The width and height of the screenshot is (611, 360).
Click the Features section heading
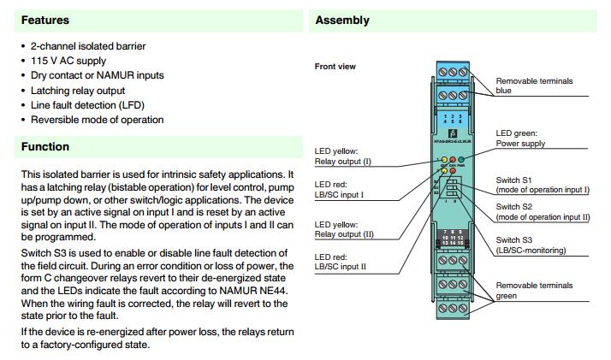pyautogui.click(x=45, y=20)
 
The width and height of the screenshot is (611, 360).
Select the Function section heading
pyautogui.click(x=46, y=147)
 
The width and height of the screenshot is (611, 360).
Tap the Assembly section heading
pyautogui.click(x=342, y=20)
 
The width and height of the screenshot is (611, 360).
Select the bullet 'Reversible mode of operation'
pyautogui.click(x=97, y=120)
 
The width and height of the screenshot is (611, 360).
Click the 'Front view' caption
pyautogui.click(x=335, y=66)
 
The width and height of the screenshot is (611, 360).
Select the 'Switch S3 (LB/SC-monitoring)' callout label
pyautogui.click(x=536, y=245)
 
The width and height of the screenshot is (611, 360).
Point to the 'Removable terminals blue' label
pyautogui.click(x=534, y=86)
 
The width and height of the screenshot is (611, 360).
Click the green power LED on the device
pyautogui.click(x=461, y=160)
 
